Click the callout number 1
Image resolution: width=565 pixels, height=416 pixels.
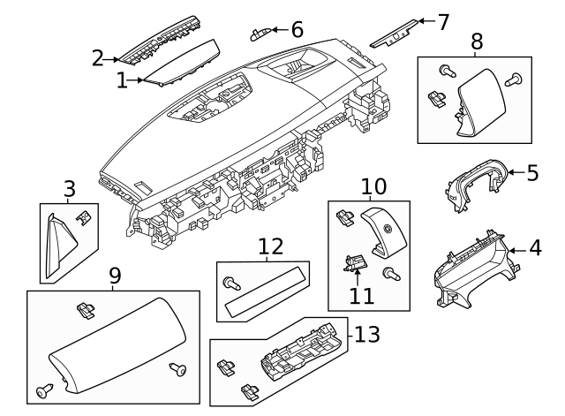coord(121,80)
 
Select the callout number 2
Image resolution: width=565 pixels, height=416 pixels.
coord(97,59)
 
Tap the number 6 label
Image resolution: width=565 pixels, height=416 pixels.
coord(297,29)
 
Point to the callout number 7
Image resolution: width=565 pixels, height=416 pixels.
coord(443,20)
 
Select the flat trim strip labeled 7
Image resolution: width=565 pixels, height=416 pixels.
coord(395,33)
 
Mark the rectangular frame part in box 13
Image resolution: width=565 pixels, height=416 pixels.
coord(300,359)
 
